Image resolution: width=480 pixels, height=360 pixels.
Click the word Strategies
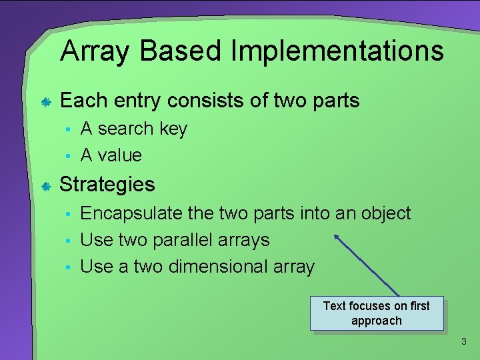point(107,185)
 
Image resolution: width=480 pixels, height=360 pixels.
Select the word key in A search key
point(173,129)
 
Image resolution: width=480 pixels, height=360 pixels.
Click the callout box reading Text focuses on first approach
point(376,313)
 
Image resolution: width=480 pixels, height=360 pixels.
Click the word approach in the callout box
point(376,321)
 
